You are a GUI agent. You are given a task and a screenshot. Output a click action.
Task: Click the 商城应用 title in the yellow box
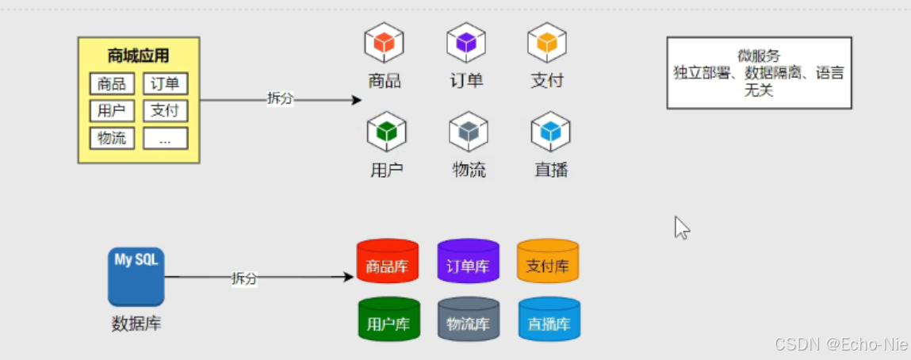point(138,56)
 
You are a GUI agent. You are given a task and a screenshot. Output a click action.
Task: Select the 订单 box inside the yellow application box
point(165,84)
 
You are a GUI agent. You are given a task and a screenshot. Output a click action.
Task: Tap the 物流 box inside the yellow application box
point(112,138)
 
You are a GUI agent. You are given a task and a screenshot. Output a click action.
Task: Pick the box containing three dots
point(165,139)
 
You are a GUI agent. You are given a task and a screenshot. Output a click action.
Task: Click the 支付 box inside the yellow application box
point(165,110)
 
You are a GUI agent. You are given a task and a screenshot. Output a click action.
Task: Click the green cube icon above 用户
point(386,131)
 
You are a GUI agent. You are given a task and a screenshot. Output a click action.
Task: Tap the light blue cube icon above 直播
point(550,131)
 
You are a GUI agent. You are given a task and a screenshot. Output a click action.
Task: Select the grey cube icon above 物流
point(468,131)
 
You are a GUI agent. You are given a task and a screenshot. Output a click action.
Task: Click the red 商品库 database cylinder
point(387,262)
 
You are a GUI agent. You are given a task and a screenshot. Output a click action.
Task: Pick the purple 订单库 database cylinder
point(468,262)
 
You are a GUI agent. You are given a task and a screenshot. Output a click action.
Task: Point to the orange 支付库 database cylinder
point(548,262)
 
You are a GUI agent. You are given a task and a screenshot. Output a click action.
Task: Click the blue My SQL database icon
point(136,276)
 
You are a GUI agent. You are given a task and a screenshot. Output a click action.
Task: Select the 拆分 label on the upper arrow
point(280,98)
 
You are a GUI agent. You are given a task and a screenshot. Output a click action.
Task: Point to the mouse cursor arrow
point(681,227)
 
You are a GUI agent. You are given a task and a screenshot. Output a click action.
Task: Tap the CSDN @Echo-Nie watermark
point(840,345)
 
